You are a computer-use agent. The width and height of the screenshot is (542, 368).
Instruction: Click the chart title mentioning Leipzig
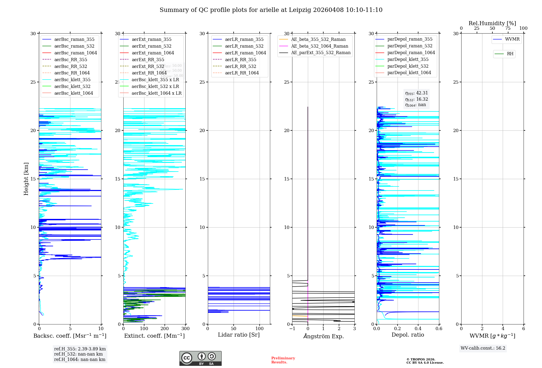click(271, 10)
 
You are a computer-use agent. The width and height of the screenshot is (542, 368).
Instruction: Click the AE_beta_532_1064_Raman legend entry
click(320, 46)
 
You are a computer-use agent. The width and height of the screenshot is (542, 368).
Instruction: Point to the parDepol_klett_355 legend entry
click(408, 59)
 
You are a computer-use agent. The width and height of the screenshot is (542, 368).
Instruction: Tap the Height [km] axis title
click(26, 179)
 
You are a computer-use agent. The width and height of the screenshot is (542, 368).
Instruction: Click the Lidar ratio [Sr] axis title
click(239, 335)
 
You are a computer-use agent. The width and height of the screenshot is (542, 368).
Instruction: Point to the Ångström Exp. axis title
click(323, 336)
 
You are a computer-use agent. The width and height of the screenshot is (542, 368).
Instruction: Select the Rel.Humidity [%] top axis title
click(492, 23)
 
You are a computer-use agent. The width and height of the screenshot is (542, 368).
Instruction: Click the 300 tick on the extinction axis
click(186, 329)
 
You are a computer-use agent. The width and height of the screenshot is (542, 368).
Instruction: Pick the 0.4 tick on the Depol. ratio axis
click(418, 329)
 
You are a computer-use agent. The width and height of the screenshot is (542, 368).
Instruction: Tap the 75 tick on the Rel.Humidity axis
click(508, 28)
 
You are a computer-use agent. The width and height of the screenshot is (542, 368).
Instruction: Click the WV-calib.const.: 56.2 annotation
click(483, 348)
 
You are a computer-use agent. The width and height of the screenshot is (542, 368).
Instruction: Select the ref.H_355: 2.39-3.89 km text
click(80, 349)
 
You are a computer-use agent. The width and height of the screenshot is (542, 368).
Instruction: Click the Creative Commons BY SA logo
click(200, 358)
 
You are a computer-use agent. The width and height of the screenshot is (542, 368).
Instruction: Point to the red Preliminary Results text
click(283, 360)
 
